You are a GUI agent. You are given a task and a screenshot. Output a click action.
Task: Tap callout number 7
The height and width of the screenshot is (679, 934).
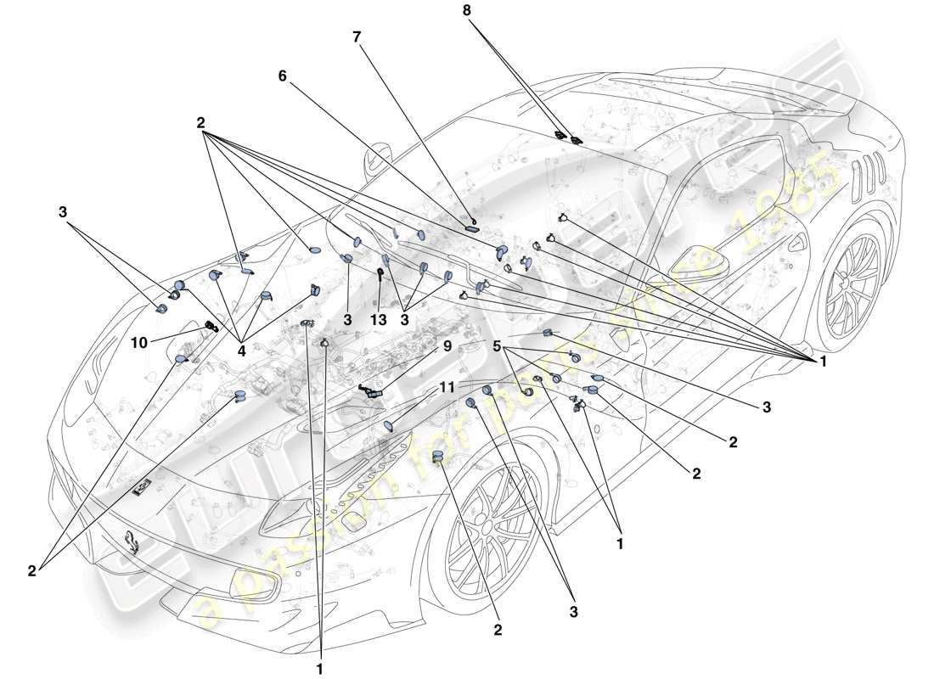click(x=357, y=37)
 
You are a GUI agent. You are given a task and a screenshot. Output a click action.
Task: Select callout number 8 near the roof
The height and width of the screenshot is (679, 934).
click(x=466, y=11)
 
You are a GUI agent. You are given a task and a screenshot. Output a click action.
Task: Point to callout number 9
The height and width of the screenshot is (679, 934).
click(x=447, y=346)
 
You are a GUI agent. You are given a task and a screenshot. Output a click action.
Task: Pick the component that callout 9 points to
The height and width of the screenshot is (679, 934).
click(x=372, y=391)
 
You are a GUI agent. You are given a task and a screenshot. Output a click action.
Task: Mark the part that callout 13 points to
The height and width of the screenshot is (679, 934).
click(x=380, y=273)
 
